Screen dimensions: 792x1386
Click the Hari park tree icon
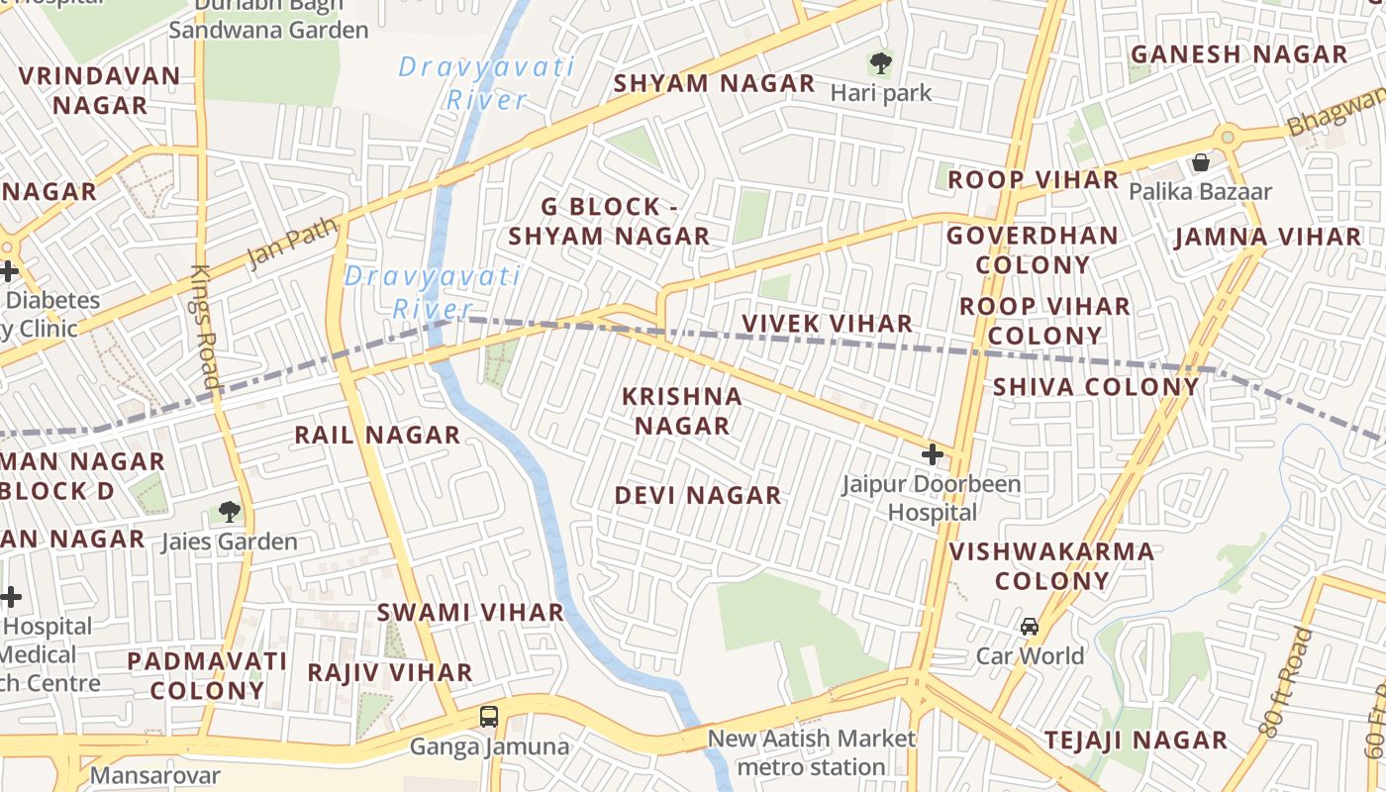tap(879, 64)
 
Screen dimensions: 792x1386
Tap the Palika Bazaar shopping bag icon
tap(1201, 162)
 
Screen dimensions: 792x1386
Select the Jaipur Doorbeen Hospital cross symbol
tap(932, 455)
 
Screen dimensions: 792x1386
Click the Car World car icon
tap(1030, 627)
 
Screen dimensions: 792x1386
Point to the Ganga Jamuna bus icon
tap(488, 717)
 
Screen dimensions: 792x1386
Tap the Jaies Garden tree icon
tap(229, 512)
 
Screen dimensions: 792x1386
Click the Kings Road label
tap(205, 327)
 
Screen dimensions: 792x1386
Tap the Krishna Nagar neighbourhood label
tap(682, 411)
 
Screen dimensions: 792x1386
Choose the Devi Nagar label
tap(698, 495)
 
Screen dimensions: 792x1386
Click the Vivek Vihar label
tap(827, 324)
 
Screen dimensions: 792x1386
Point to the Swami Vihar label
tap(470, 612)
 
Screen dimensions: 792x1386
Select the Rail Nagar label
tap(377, 435)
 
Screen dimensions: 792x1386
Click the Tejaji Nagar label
tap(1136, 740)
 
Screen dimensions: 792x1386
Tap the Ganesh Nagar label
tap(1238, 54)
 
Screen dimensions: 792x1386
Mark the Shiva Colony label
tap(1095, 386)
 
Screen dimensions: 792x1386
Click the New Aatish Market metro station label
tap(812, 752)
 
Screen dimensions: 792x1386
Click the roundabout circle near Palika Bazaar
tap(1228, 136)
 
